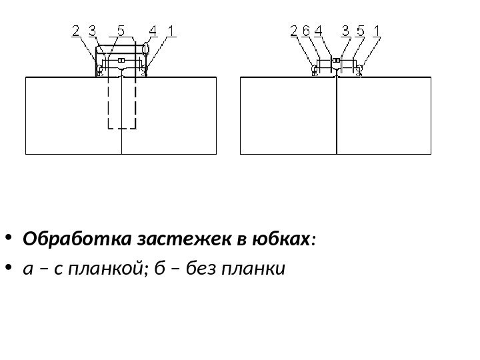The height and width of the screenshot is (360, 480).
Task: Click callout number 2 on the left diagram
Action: (x=75, y=31)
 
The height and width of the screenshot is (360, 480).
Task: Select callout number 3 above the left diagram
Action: (x=91, y=31)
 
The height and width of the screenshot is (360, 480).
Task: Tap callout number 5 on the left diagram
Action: (x=121, y=31)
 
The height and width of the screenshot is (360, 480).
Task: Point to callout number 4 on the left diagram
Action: (x=153, y=31)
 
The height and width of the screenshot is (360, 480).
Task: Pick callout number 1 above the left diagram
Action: (x=171, y=31)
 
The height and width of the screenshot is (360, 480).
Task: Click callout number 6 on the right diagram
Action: (x=305, y=31)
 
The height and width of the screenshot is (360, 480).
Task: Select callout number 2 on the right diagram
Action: (x=294, y=31)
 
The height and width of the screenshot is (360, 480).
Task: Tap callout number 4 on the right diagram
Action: (x=317, y=31)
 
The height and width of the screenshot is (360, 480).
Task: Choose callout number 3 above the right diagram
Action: (x=345, y=31)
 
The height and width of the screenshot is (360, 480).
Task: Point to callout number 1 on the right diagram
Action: (x=377, y=31)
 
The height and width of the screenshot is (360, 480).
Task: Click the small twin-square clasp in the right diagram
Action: (x=337, y=61)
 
